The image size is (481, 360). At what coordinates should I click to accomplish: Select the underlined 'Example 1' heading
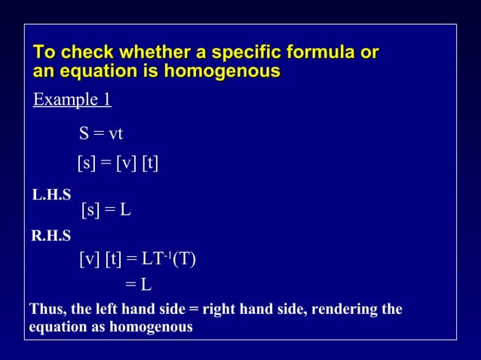click(x=72, y=99)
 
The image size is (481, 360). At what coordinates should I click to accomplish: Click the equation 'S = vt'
click(x=101, y=134)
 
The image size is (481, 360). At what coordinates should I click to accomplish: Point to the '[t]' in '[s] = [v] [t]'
click(x=149, y=163)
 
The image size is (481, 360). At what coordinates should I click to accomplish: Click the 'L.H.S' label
click(x=51, y=195)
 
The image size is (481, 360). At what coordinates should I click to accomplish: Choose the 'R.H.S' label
click(x=51, y=236)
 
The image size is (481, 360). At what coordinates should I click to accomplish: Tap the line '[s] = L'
click(x=106, y=210)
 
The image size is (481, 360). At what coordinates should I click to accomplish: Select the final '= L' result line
click(x=138, y=285)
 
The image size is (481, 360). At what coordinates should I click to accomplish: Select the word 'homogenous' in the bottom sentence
click(x=151, y=328)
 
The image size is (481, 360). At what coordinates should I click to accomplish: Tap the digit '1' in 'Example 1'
click(x=107, y=99)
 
